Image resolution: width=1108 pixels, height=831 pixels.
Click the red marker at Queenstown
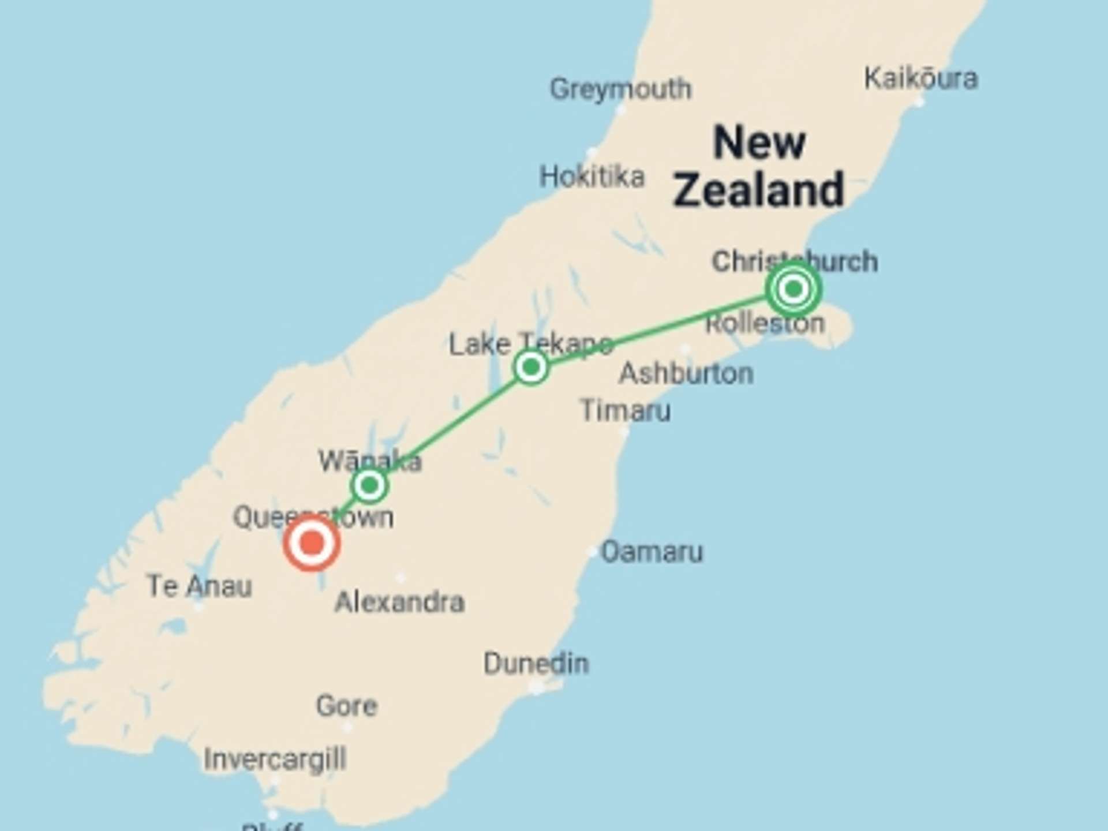click(312, 544)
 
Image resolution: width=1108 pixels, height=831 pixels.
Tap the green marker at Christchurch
click(794, 288)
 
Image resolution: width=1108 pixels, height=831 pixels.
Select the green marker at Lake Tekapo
click(531, 367)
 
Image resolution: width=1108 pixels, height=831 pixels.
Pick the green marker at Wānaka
click(369, 485)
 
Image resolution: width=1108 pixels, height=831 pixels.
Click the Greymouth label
click(620, 89)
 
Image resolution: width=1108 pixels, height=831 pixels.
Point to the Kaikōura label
click(920, 78)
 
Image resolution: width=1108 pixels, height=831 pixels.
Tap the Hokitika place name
click(592, 176)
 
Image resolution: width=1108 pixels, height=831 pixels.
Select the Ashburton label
click(686, 373)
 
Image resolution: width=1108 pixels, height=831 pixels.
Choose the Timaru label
click(626, 410)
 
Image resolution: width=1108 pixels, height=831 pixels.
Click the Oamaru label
click(652, 552)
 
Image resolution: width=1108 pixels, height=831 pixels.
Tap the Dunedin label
click(536, 664)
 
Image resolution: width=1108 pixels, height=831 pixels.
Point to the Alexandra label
click(399, 602)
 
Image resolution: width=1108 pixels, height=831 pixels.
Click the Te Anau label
click(199, 586)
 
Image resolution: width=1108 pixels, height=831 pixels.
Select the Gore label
click(347, 705)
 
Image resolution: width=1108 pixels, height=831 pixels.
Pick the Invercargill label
click(275, 759)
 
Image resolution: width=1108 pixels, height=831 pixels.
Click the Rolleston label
click(765, 324)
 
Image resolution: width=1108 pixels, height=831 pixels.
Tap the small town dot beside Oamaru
click(592, 552)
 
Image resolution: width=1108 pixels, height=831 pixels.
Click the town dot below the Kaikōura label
click(920, 103)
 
